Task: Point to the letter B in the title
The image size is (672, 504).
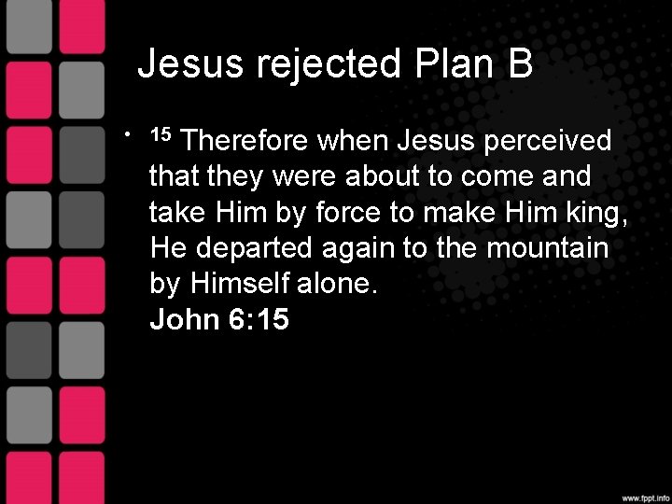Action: click(520, 64)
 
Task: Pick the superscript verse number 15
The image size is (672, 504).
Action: click(161, 133)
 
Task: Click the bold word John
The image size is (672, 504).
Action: click(184, 321)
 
